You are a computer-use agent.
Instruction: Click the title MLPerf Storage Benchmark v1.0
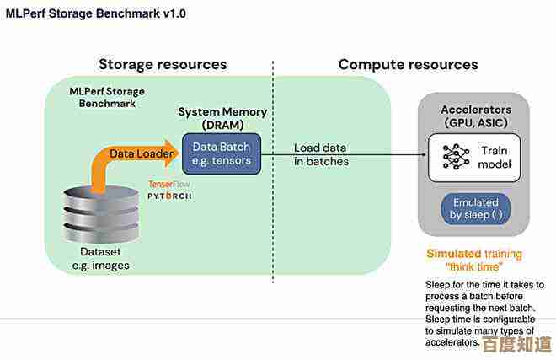[x=94, y=13]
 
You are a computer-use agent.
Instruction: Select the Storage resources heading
[x=163, y=64]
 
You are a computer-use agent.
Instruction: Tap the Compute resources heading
[x=408, y=64]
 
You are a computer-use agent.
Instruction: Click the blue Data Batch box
[x=222, y=153]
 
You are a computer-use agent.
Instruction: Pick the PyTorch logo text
[x=169, y=196]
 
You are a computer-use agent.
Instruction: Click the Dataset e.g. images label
[x=100, y=259]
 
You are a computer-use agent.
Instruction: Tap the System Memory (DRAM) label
[x=222, y=118]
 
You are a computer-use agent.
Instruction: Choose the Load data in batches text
[x=320, y=154]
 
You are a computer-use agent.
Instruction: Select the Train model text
[x=494, y=157]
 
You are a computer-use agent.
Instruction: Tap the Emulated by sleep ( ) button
[x=476, y=208]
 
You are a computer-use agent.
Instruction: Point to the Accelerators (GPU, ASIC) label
[x=476, y=116]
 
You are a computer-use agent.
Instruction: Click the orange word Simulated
[x=453, y=254]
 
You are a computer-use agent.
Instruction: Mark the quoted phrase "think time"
[x=474, y=267]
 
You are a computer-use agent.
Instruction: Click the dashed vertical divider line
[x=273, y=169]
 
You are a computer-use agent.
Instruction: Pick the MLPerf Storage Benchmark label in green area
[x=107, y=97]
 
